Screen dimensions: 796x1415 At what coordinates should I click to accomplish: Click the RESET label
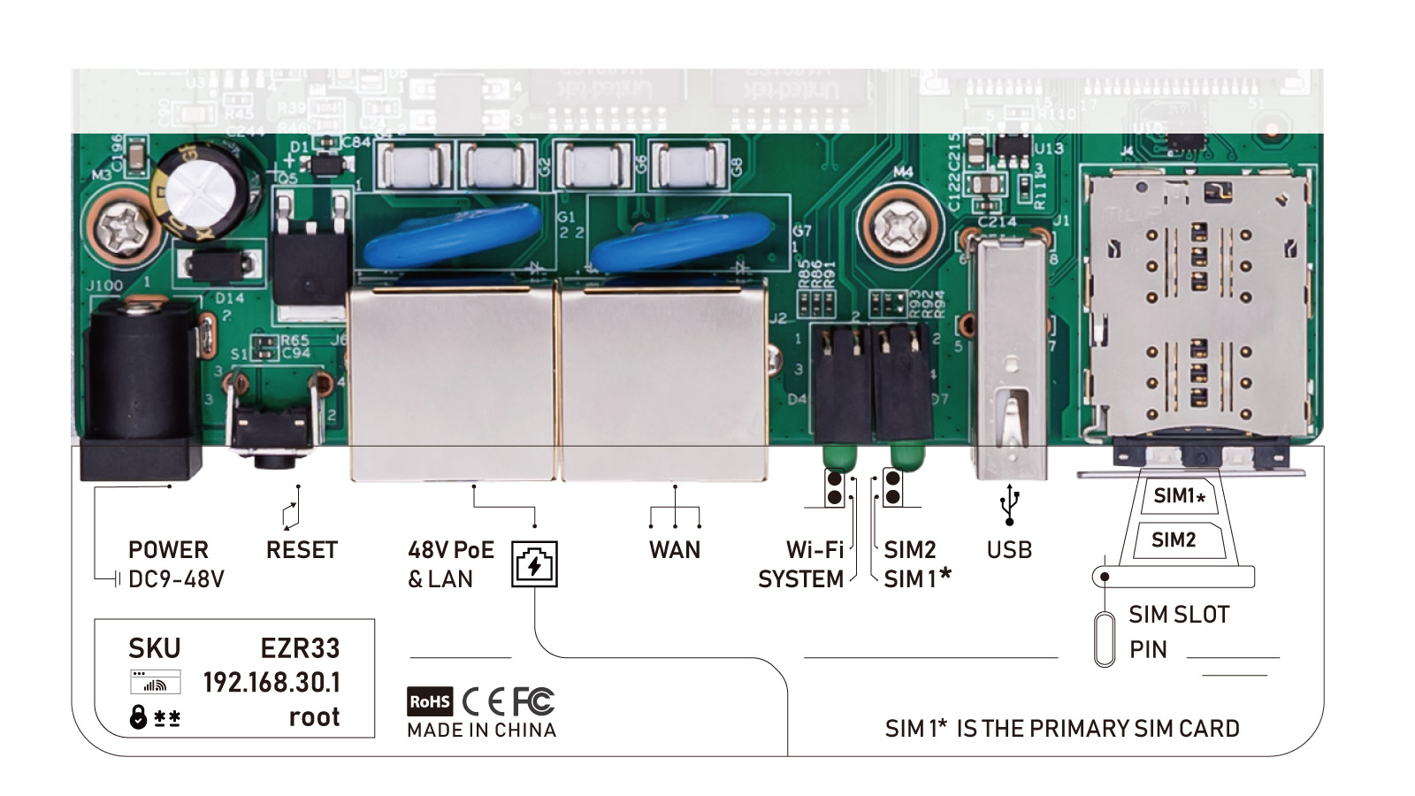tap(302, 550)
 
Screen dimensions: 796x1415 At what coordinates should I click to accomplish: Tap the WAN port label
tap(674, 550)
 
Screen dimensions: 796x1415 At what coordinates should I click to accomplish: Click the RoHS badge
tap(430, 701)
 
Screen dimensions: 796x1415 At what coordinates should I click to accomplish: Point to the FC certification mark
tap(533, 701)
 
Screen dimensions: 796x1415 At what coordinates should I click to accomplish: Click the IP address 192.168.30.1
tap(272, 683)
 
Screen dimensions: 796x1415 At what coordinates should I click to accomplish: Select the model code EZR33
tap(300, 648)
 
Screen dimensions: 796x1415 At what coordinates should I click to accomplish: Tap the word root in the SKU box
tap(314, 716)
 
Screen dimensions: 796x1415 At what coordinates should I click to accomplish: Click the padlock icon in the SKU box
tap(138, 716)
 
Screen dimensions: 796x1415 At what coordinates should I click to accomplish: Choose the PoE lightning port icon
tap(534, 564)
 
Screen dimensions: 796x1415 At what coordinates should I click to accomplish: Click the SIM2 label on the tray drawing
tap(1174, 540)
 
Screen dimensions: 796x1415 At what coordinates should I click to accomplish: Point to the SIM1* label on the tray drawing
tap(1179, 496)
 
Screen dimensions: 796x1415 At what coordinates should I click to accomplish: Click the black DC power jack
tap(139, 380)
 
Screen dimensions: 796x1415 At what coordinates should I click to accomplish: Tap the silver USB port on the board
tap(1011, 354)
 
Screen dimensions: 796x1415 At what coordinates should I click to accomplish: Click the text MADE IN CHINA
tap(481, 731)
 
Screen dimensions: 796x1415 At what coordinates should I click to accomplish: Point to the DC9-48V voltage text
tap(176, 579)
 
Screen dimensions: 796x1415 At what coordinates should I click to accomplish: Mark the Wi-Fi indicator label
tap(815, 550)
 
